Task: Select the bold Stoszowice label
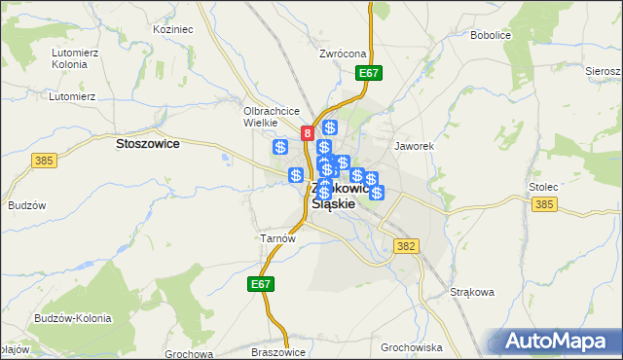point(147,143)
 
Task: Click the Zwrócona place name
point(342,54)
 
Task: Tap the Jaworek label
point(413,146)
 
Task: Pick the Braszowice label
point(278,351)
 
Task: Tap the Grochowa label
point(189,352)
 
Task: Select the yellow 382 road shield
point(407,247)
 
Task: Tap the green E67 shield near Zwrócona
point(369,73)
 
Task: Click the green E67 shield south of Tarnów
point(260,284)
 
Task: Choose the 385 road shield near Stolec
point(544,204)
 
